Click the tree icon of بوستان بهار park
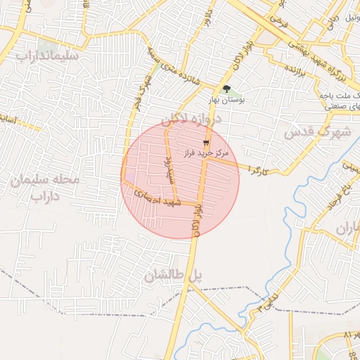226,89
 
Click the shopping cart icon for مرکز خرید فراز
205,142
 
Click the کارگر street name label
257,170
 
